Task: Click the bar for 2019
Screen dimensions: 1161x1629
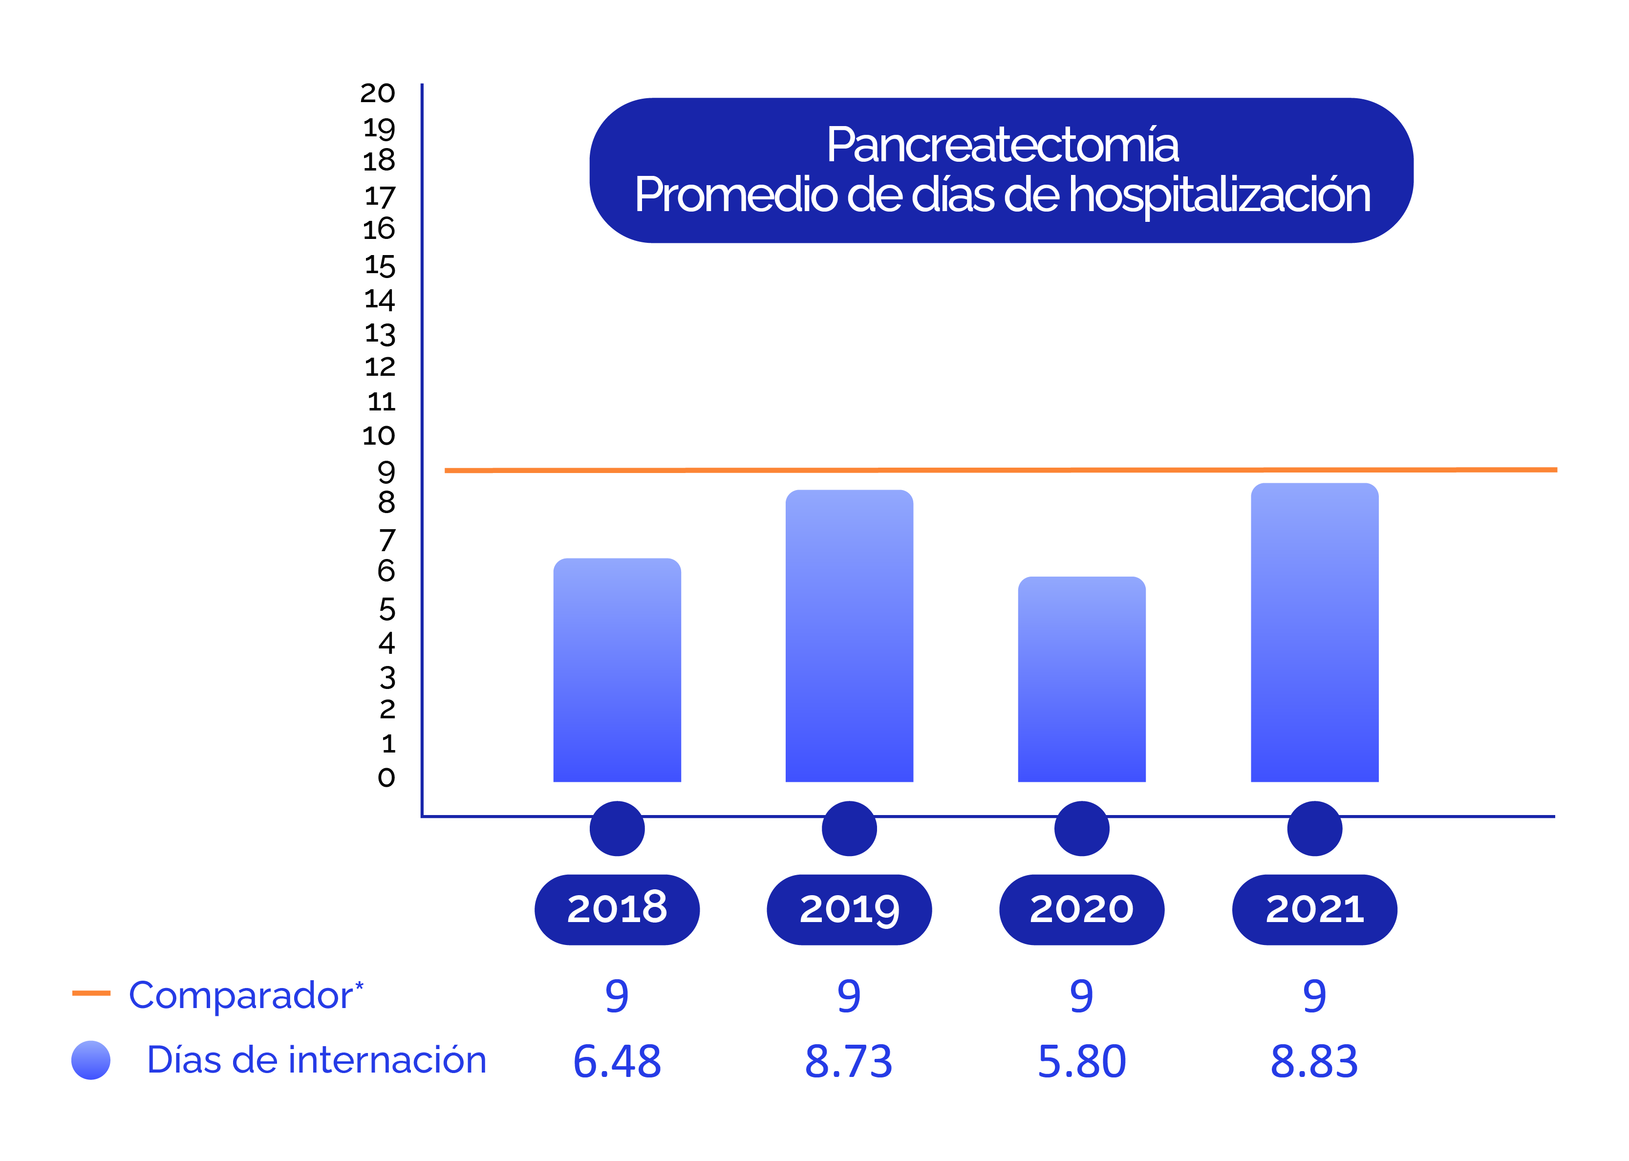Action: click(x=849, y=636)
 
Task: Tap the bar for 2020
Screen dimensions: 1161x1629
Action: click(x=1081, y=679)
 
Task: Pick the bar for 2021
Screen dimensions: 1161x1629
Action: click(x=1314, y=633)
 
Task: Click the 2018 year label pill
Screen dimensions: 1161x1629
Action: click(x=617, y=909)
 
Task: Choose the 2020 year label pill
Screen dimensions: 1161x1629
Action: click(x=1081, y=909)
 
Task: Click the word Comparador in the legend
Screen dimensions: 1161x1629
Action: click(x=241, y=995)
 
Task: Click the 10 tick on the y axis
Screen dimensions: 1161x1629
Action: click(x=378, y=435)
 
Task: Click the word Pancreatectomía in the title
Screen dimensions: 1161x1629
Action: click(x=1002, y=145)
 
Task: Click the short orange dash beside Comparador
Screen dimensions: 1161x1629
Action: click(x=91, y=992)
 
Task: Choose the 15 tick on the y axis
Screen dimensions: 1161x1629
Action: click(x=380, y=266)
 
